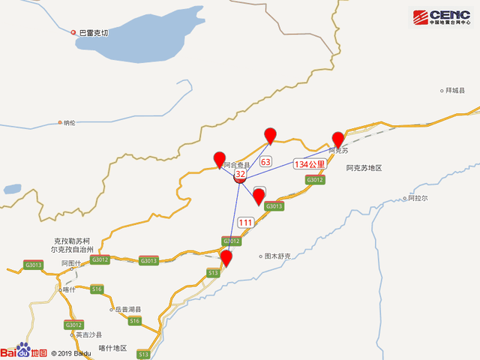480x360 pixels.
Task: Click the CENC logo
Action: point(442,17)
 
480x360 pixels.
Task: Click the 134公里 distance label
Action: point(309,163)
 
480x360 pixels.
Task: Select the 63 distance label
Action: point(265,161)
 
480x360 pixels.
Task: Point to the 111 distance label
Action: point(246,222)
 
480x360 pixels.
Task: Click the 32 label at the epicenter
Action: point(240,174)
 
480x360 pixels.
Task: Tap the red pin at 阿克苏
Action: point(338,139)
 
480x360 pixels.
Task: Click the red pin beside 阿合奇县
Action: point(220,159)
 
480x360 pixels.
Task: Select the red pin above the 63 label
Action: point(271,135)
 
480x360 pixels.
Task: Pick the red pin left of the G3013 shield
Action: point(259,196)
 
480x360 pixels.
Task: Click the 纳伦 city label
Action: point(70,122)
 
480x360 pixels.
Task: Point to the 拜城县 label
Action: point(456,90)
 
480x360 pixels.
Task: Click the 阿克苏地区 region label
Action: point(364,168)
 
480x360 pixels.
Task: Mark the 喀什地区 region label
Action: point(113,349)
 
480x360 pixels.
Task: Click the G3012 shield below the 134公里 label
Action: point(316,180)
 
